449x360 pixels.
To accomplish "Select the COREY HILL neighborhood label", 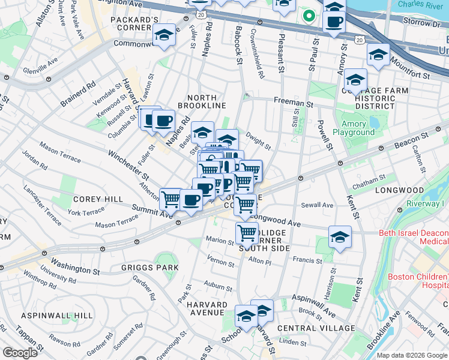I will click(x=98, y=199).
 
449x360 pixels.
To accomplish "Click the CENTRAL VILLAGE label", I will click(x=316, y=328).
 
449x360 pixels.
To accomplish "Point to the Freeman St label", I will click(x=294, y=103).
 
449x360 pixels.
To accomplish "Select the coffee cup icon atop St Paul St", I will click(x=334, y=22).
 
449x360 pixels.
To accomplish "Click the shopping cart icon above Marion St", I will click(x=247, y=232).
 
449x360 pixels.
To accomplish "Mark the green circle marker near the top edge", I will click(x=309, y=16).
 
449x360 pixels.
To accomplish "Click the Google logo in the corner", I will click(x=20, y=353).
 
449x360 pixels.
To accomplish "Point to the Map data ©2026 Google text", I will click(x=412, y=355).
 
